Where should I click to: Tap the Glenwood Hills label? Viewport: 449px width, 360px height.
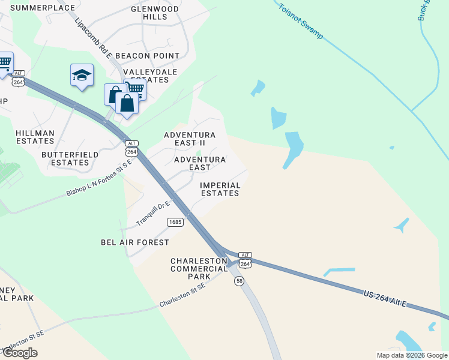155,13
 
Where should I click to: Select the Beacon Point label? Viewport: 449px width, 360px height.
147,56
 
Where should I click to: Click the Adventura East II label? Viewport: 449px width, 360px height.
190,139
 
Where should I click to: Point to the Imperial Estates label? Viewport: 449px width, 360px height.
220,189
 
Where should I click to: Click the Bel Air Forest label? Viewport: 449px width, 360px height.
135,242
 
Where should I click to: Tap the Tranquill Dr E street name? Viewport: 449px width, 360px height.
153,213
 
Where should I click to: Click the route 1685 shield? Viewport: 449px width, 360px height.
175,222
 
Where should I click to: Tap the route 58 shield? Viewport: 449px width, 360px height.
239,281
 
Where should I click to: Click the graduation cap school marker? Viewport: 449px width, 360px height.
82,76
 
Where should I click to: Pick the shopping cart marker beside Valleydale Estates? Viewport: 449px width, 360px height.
135,89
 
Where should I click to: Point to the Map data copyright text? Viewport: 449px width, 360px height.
411,355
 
